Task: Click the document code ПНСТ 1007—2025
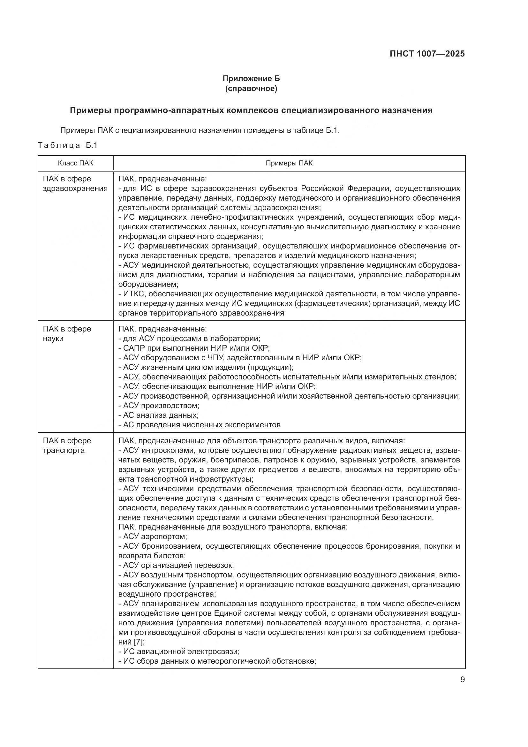coord(427,54)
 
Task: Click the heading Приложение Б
coord(251,79)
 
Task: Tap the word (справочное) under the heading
coord(251,88)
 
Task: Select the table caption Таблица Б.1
coord(68,145)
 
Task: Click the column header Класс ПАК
coord(75,163)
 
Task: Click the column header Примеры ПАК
coord(289,163)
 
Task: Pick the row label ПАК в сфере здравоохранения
coord(75,184)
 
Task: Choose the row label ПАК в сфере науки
coord(67,333)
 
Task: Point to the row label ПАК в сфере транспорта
coord(67,446)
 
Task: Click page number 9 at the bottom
coord(462,679)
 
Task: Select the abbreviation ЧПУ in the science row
coord(212,358)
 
